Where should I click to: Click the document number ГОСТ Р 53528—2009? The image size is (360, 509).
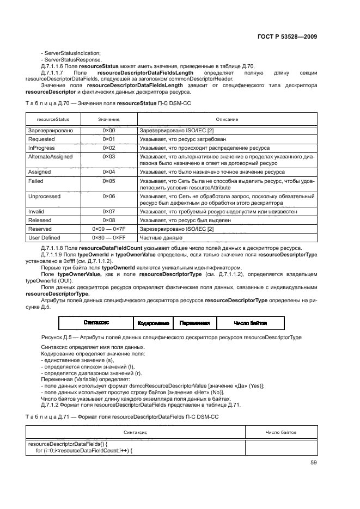(286, 36)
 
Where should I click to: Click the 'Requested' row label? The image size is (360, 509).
(41, 139)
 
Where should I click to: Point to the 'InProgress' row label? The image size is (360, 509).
(41, 148)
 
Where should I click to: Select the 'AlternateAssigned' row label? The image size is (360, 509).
(50, 156)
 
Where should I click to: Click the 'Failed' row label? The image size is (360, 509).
(35, 180)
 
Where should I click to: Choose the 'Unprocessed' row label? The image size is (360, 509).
(44, 196)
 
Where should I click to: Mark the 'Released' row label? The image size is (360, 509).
(40, 220)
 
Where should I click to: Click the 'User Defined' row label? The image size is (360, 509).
(43, 237)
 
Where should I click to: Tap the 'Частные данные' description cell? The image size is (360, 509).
(161, 237)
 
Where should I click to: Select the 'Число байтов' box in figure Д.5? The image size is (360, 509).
(251, 322)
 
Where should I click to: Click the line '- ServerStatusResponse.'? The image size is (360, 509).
(71, 59)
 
